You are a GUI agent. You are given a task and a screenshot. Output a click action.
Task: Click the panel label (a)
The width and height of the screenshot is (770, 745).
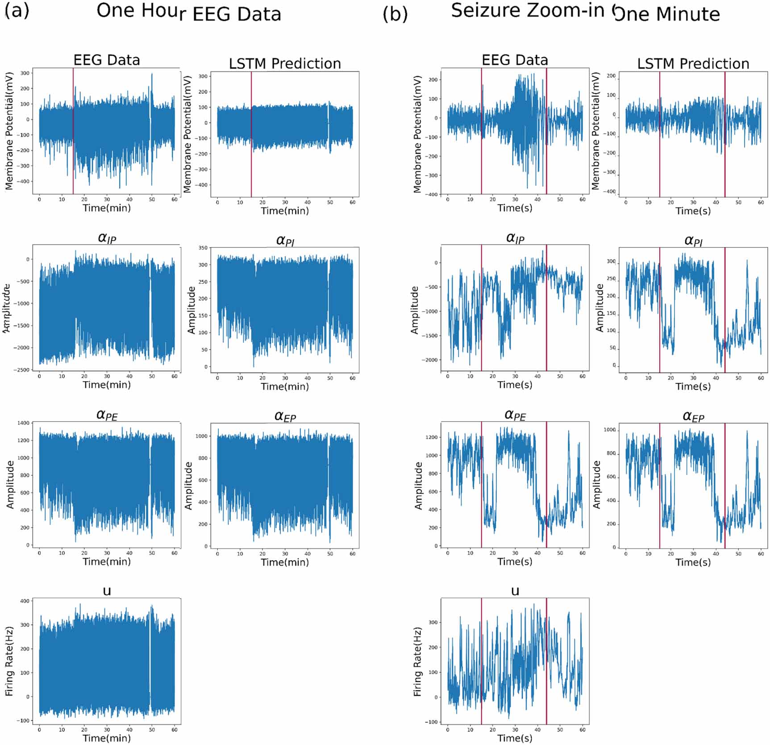click(17, 10)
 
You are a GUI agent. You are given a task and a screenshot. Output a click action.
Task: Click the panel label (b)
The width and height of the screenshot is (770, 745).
click(395, 14)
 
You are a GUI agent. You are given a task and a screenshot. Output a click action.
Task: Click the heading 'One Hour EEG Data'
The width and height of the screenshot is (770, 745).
click(188, 12)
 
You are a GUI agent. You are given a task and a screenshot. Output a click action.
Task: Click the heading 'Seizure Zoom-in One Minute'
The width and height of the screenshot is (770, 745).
click(585, 12)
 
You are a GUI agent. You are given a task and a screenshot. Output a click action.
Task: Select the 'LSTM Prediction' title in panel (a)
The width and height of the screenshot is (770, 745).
click(285, 64)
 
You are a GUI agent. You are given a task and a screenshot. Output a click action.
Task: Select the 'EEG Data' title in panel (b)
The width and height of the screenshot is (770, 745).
click(514, 60)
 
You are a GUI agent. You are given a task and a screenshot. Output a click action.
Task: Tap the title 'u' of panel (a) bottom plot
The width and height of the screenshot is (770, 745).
click(107, 591)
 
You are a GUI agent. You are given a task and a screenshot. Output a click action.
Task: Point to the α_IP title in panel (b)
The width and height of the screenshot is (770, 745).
click(515, 238)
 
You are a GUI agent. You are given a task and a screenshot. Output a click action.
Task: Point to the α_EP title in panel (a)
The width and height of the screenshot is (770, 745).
click(285, 416)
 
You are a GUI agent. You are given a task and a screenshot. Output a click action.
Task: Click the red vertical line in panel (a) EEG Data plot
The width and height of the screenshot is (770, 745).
click(73, 134)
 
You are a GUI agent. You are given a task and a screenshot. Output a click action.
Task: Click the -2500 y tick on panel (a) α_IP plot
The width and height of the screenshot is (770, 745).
click(23, 370)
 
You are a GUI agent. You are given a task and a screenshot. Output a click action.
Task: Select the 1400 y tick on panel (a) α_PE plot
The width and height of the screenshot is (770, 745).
click(23, 423)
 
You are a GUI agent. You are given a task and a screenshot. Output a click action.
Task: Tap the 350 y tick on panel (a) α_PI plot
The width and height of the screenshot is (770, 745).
click(203, 248)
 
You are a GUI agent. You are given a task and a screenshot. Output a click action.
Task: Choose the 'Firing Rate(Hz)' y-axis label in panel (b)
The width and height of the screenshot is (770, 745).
click(417, 662)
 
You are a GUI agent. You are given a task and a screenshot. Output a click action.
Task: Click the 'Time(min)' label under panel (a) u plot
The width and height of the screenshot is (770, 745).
click(107, 738)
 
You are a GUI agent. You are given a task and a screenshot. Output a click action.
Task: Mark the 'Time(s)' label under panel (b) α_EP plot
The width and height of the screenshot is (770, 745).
click(693, 562)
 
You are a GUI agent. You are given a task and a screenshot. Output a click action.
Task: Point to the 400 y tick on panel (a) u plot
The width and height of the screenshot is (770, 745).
click(25, 601)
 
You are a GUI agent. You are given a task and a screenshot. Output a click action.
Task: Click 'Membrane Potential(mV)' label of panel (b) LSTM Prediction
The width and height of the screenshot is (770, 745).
click(596, 132)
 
